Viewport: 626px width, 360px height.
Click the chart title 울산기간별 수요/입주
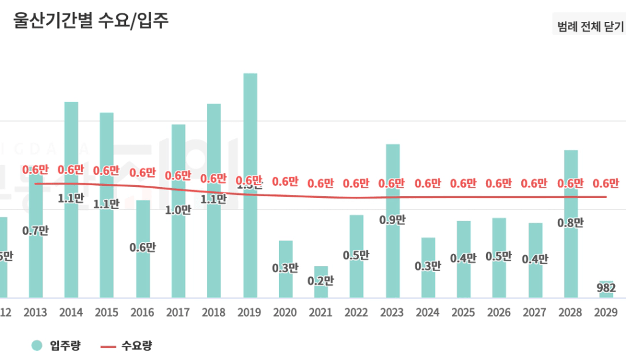coord(90,20)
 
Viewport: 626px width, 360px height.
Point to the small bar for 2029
coord(606,294)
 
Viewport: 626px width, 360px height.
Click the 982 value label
coord(606,288)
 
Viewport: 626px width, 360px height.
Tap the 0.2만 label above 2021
coord(320,281)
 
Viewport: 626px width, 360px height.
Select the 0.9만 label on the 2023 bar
coord(392,220)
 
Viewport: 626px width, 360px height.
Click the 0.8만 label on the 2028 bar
coord(570,222)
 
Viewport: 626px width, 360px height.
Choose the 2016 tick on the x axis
coord(142,312)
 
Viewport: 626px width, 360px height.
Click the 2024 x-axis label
coord(427,312)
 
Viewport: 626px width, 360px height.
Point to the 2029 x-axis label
coord(606,312)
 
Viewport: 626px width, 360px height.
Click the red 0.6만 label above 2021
coord(320,183)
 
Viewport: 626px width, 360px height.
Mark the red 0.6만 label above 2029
coord(606,183)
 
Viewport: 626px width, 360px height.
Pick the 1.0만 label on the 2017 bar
coord(178,210)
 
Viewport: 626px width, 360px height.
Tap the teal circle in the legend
coord(37,346)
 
